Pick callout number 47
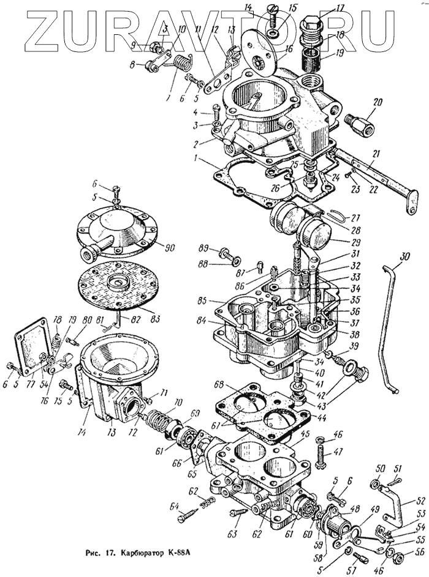tap(338, 453)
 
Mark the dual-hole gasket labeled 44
tap(264, 409)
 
